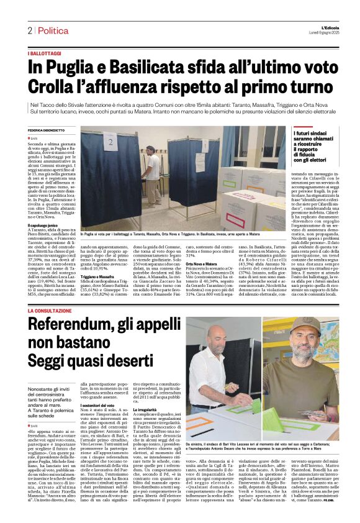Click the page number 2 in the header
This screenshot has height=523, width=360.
coord(29,30)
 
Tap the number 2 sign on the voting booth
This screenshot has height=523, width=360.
coord(111,143)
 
